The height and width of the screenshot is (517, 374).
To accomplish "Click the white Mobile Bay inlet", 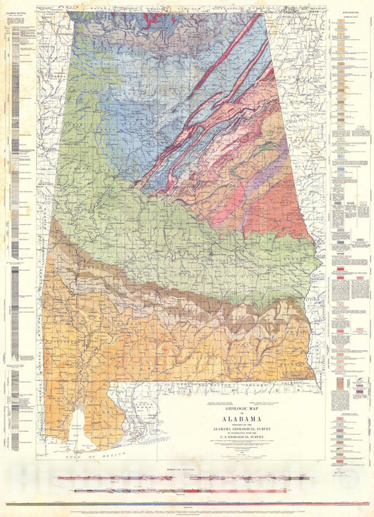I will click(81, 425).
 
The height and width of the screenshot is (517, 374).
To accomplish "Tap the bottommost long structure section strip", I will click(187, 504).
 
